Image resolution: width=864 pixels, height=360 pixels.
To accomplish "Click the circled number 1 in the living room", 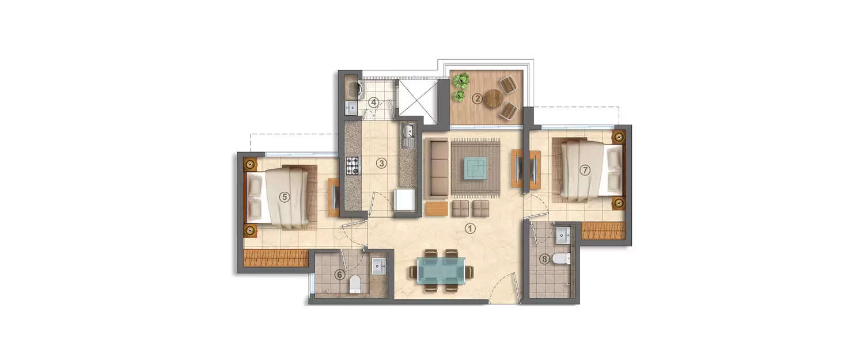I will tap(471, 228).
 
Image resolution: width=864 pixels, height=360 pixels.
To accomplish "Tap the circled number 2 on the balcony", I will tap(477, 98).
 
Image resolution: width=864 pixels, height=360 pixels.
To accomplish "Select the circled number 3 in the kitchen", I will tap(381, 163).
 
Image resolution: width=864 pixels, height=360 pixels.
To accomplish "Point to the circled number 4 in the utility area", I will tap(374, 103).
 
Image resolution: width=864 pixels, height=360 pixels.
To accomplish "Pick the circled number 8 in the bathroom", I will tap(545, 259).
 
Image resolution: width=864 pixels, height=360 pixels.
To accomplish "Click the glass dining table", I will tap(442, 270).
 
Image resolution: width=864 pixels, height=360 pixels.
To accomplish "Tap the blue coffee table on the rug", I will tap(475, 168).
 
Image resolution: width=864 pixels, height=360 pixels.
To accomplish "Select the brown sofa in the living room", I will tap(439, 168).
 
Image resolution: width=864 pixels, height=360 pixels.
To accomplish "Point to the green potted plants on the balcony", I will tap(460, 87).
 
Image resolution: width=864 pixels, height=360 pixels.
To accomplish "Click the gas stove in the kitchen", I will tap(353, 165).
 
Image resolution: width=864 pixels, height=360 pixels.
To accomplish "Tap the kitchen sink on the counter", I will tap(408, 137).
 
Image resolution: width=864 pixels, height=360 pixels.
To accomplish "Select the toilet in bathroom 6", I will tap(355, 284).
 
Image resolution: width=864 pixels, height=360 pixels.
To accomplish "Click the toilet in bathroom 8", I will tap(559, 259).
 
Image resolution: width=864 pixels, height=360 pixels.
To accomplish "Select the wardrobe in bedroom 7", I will tap(603, 230).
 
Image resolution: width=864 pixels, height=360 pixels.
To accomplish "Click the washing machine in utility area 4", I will tap(354, 89).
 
